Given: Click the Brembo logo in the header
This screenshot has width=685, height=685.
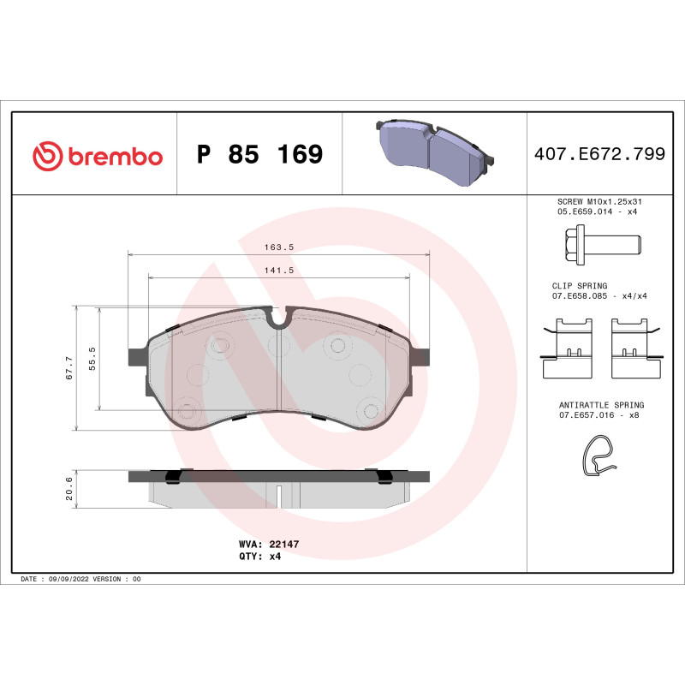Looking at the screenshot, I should (x=97, y=156).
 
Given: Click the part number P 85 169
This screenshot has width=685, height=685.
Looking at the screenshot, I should (x=259, y=155).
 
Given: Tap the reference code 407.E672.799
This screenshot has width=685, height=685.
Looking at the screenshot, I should (x=599, y=155).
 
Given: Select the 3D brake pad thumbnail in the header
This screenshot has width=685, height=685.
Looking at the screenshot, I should (x=434, y=154).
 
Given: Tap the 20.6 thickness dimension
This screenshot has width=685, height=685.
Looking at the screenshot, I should (x=68, y=488).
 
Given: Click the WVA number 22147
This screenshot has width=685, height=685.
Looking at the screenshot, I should (x=283, y=544).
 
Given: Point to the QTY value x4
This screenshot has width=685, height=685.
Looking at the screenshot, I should (x=275, y=556).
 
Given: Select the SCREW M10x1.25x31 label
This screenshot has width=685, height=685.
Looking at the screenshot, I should (x=599, y=200).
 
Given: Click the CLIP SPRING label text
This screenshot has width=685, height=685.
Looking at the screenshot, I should (x=580, y=286).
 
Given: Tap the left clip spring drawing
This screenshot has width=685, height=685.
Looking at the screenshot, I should (x=569, y=347).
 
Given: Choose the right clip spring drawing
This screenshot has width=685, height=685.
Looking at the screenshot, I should (x=637, y=347).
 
